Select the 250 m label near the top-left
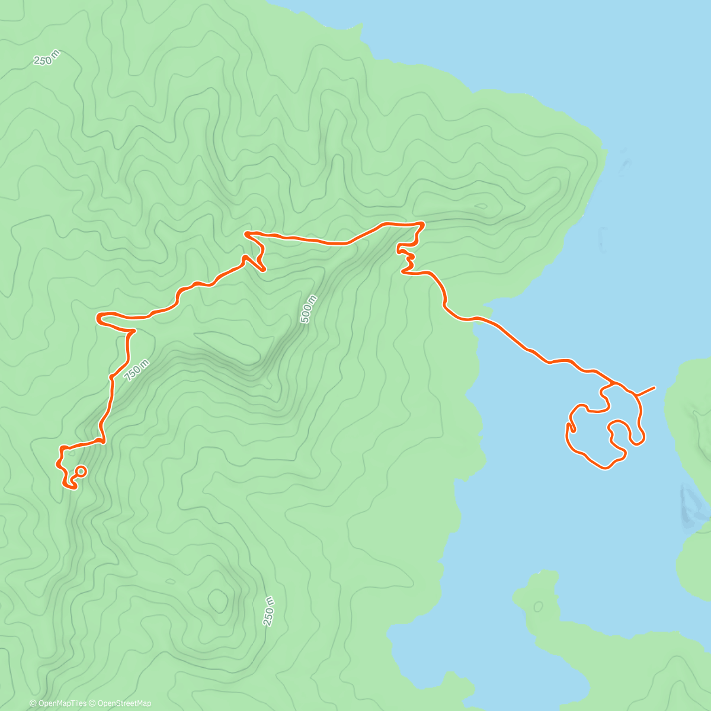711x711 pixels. pos(46,58)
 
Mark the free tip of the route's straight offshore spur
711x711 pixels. pos(654,387)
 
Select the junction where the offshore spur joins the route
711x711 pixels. pos(635,395)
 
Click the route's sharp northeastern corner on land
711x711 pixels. pos(422,223)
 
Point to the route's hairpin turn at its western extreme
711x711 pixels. pos(98,318)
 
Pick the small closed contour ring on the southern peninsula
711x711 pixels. pos(538,607)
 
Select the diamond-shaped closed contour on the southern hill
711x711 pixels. pos(219,601)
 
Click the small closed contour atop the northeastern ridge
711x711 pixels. pos(481,207)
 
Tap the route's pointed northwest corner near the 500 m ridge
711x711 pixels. pos(245,234)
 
